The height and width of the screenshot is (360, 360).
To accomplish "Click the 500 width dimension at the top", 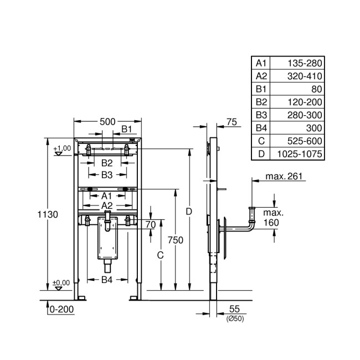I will pos(107,121).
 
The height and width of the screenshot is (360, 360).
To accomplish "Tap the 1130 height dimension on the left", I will pos(48,214).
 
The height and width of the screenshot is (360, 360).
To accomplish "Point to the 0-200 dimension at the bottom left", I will pos(61,310).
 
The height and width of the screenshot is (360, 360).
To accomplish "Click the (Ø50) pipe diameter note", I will pos(234,318).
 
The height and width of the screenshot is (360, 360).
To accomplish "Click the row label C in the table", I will pos(261,141).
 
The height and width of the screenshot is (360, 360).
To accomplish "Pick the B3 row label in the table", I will pos(261,115).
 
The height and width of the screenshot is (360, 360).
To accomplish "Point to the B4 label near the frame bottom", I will pos(107,280).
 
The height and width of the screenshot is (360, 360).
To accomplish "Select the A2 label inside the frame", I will pos(107,205).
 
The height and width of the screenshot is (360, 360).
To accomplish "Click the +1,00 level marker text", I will pos(62,148).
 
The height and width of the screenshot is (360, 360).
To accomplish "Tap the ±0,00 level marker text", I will pos(61,282).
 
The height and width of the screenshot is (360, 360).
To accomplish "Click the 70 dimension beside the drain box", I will pos(150,224).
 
